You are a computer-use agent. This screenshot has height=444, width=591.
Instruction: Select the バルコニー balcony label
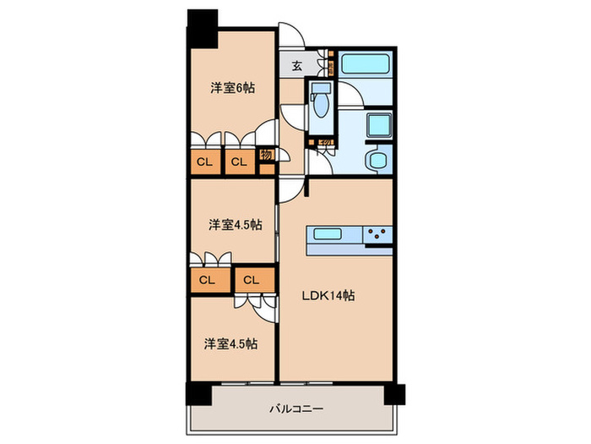[x=296, y=408]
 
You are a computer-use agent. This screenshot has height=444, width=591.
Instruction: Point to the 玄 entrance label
[x=297, y=65]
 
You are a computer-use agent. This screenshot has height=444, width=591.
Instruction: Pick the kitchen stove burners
[x=377, y=234]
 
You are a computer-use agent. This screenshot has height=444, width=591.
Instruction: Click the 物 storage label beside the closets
[x=265, y=156]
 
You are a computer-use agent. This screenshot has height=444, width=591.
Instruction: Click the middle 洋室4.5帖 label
[x=235, y=224]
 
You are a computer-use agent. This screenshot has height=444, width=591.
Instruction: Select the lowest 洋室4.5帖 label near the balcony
[x=230, y=343]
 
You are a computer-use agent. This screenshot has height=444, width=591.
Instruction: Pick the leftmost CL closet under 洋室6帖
[x=204, y=161]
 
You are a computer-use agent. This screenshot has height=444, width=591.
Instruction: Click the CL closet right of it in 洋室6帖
[x=238, y=161]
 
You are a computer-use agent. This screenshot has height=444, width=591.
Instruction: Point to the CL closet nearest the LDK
[x=252, y=279]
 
